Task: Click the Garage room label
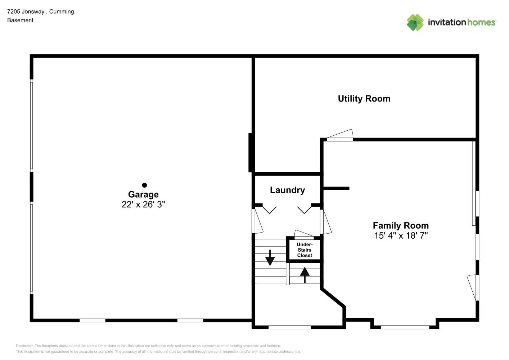tap(143, 194)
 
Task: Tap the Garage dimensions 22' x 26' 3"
tap(143, 204)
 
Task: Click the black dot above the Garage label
tap(144, 185)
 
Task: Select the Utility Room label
tap(364, 99)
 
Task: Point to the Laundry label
tap(287, 190)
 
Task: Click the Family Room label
tap(401, 226)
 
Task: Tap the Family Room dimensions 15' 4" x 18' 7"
tap(401, 235)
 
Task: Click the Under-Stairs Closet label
tap(305, 250)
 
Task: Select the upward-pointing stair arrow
tap(305, 275)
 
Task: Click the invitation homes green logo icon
tap(415, 22)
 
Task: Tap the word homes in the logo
tap(481, 22)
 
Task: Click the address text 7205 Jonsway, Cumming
tap(41, 12)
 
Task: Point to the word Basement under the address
tap(20, 21)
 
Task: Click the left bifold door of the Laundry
tap(269, 209)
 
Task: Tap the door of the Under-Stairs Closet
tap(304, 234)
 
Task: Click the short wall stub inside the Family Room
tap(336, 188)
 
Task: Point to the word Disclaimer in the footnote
tap(24, 346)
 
